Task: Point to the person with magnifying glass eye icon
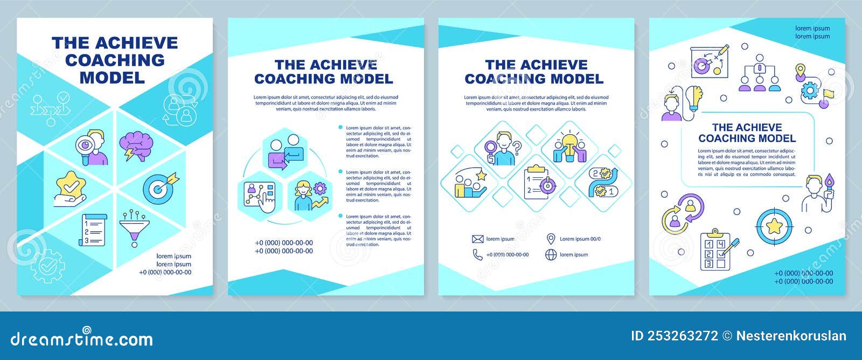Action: pos(92,147)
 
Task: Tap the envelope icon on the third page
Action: pos(477,239)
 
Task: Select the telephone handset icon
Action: pos(477,254)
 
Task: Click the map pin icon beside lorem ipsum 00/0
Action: pos(551,239)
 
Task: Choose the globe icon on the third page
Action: pos(551,255)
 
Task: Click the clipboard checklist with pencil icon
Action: pos(718,250)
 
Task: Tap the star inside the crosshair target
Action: pos(774,226)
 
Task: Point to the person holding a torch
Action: pos(816,193)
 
